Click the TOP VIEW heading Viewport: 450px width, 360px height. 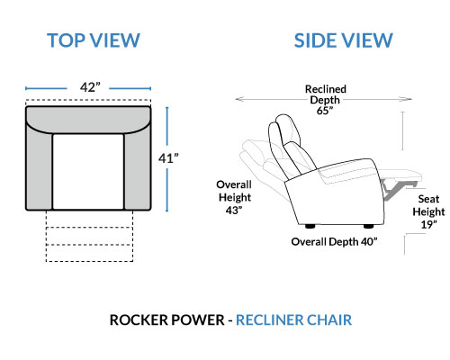94,40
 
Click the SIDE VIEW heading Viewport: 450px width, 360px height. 343,40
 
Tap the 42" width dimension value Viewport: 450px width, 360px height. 90,87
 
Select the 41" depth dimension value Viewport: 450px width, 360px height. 168,158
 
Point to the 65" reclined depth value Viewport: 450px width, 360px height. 325,111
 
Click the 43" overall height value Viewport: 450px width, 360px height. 234,211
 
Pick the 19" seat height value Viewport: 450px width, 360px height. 428,224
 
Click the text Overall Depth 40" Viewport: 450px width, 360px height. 334,241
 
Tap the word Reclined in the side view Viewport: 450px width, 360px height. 326,89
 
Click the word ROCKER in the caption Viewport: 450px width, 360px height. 139,319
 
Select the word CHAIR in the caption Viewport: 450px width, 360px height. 329,319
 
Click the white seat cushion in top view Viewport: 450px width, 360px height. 88,171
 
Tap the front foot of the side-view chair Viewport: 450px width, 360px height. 368,226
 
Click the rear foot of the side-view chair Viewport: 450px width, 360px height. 310,226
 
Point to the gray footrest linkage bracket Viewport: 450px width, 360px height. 393,188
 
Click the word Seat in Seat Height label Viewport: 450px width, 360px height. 428,199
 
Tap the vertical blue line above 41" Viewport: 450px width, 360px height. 167,129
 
